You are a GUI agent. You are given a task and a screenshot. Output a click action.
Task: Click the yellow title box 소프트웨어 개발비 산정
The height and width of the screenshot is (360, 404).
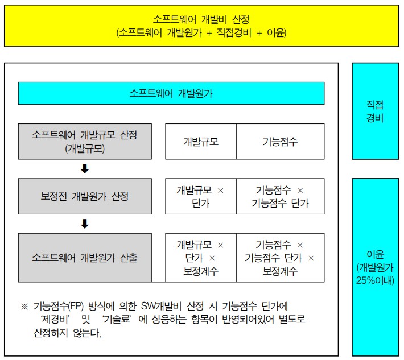[x=201, y=26]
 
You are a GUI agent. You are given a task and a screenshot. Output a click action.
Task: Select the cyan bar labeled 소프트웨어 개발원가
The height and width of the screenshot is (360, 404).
[x=171, y=93]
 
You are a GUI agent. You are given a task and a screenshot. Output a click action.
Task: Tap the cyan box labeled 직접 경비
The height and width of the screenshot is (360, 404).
[x=375, y=111]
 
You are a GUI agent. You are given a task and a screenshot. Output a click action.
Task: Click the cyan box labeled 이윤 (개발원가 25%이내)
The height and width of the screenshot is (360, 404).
[x=375, y=267]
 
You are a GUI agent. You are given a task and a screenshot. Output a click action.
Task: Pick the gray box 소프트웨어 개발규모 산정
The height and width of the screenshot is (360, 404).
[x=85, y=142]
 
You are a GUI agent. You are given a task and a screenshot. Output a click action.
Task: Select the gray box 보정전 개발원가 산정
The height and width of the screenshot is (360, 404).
[x=85, y=196]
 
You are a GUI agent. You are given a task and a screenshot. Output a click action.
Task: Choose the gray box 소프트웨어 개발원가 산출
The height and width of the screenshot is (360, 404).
[x=85, y=258]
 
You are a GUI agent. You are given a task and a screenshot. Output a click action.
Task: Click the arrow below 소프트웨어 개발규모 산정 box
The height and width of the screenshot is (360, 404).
[x=85, y=169]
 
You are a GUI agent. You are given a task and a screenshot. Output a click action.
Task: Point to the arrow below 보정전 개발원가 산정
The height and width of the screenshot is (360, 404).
[x=85, y=224]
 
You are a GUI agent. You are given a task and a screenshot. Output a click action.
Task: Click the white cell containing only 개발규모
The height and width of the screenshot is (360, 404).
[x=201, y=142]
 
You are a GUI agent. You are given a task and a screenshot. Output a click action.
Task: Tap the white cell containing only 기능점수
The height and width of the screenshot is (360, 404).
[x=281, y=142]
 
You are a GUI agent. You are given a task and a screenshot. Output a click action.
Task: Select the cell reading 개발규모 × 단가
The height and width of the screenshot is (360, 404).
[x=201, y=196]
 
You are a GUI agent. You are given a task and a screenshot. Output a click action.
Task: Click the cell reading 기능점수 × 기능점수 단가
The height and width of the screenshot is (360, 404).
[x=281, y=196]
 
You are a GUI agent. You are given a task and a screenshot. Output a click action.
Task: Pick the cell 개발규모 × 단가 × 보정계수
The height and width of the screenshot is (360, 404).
[x=201, y=258]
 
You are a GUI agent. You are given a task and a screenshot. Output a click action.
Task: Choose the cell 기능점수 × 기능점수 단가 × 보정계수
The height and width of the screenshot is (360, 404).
[x=281, y=258]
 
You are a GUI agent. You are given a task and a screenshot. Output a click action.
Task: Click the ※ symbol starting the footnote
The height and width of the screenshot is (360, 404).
[x=24, y=307]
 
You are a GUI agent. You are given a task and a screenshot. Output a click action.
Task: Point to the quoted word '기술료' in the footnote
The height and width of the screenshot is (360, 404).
[x=117, y=320]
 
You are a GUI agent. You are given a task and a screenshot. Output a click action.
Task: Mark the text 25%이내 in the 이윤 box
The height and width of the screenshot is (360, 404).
[x=375, y=280]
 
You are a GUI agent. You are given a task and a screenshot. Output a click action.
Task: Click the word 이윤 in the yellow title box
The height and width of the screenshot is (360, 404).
[x=276, y=33]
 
